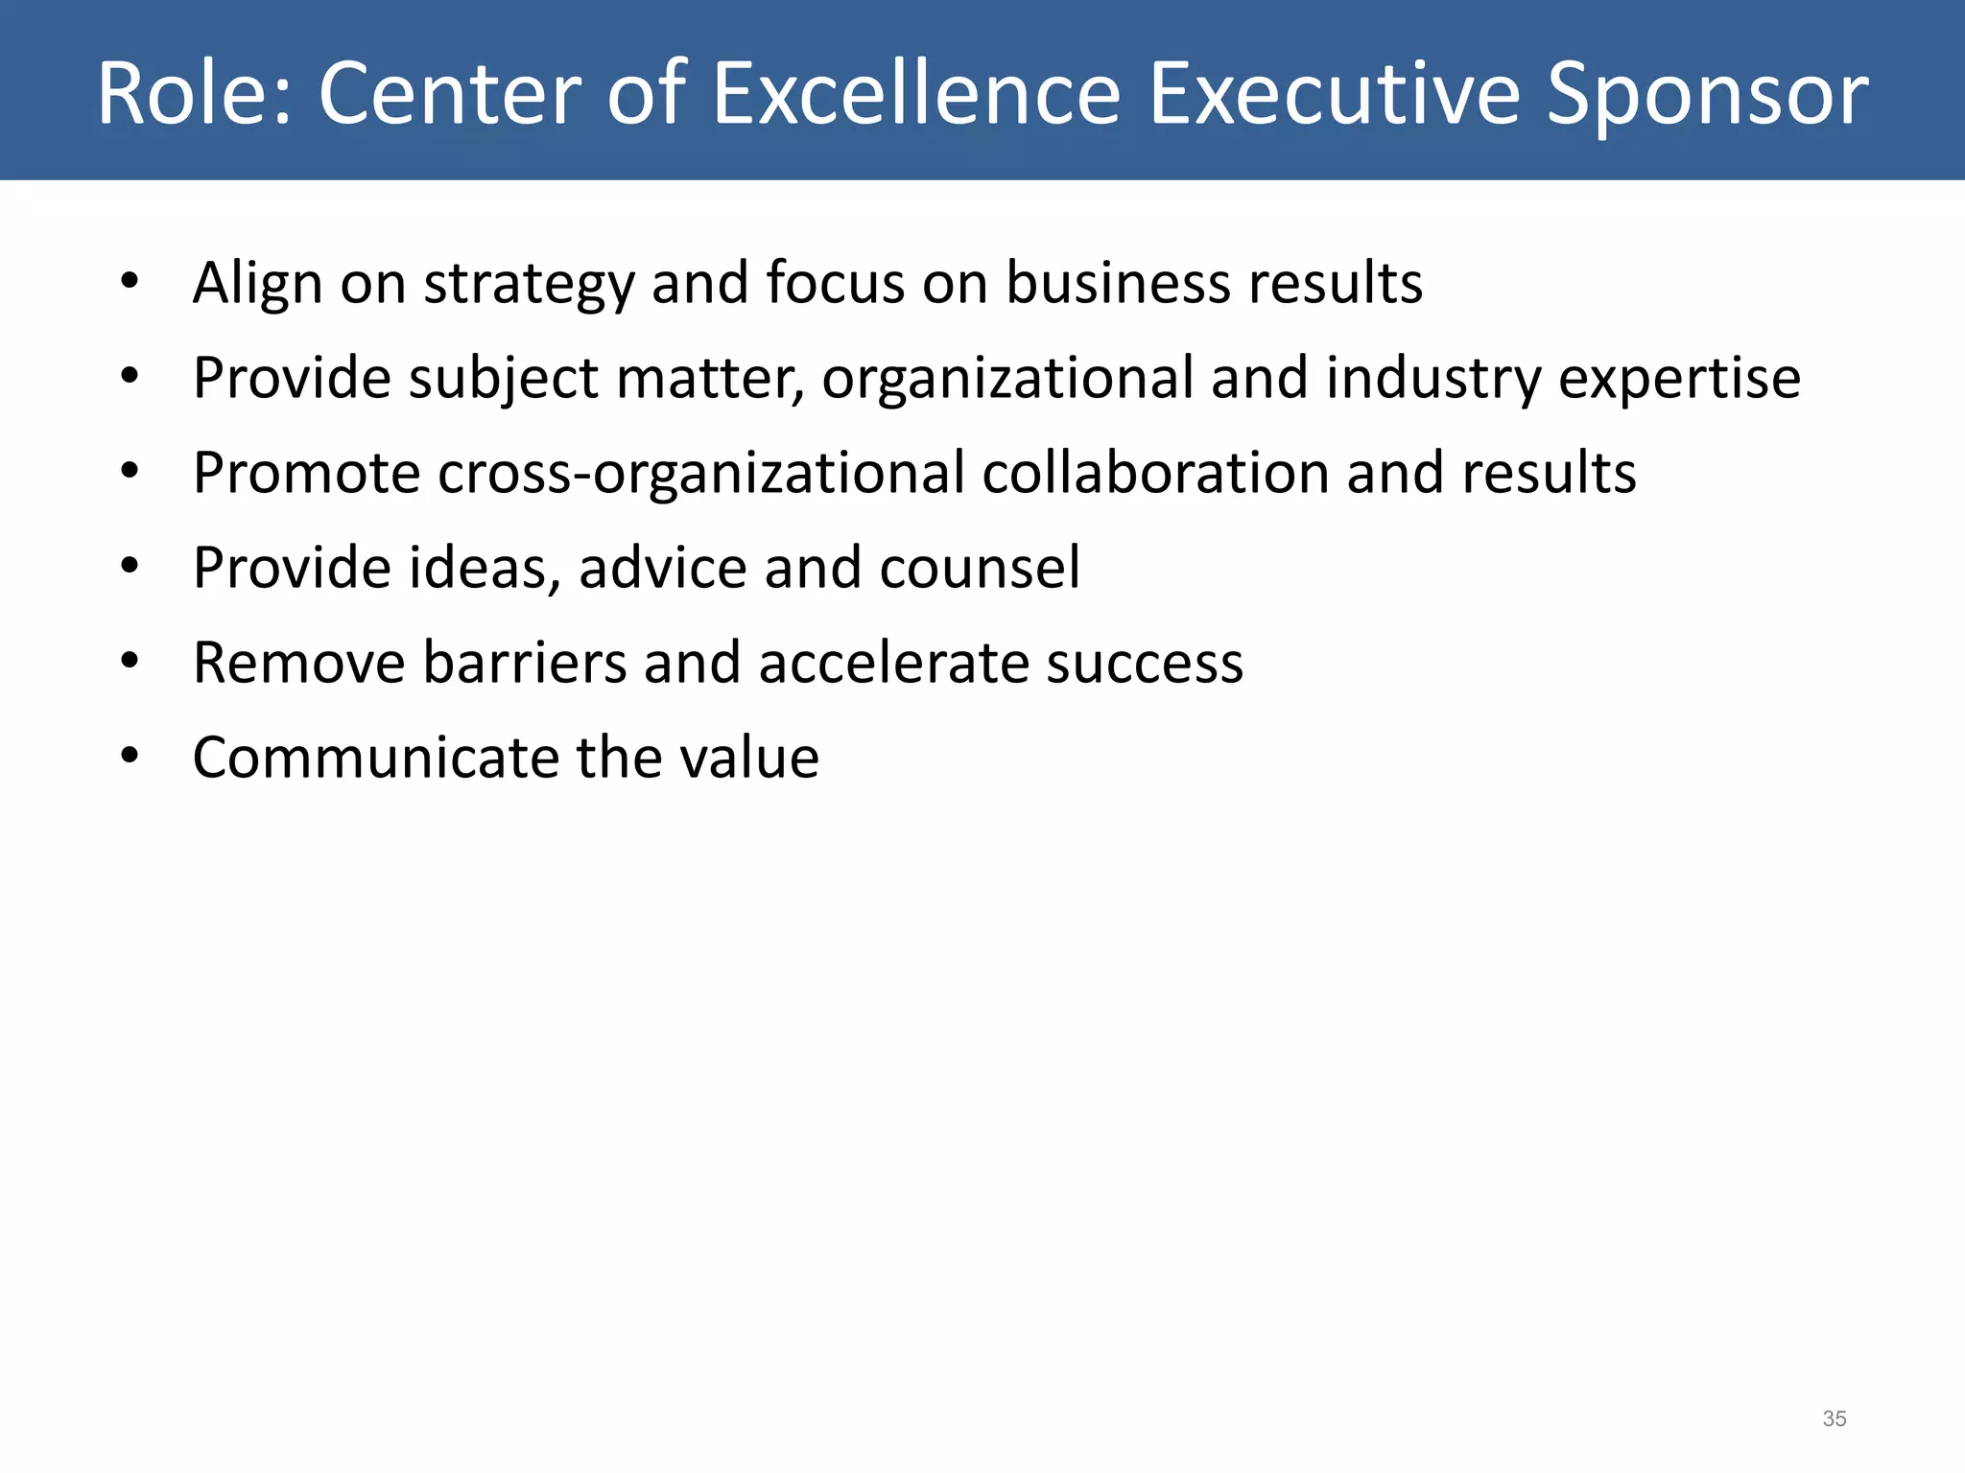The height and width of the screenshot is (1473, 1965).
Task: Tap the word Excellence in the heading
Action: point(916,93)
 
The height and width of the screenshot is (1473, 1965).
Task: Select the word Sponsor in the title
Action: point(1708,93)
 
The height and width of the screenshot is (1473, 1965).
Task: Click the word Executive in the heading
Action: point(1335,93)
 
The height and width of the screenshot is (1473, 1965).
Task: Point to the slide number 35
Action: point(1834,1418)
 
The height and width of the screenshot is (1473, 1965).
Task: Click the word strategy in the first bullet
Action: point(529,284)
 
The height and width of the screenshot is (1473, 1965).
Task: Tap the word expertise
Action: point(1679,378)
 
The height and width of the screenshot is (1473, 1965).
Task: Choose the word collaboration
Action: point(1155,472)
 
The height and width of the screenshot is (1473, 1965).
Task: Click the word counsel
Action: point(980,567)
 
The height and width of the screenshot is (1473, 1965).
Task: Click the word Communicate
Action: point(375,758)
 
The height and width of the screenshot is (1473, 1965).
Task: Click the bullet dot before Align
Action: point(130,282)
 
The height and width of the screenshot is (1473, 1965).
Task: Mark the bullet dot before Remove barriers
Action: point(130,661)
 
